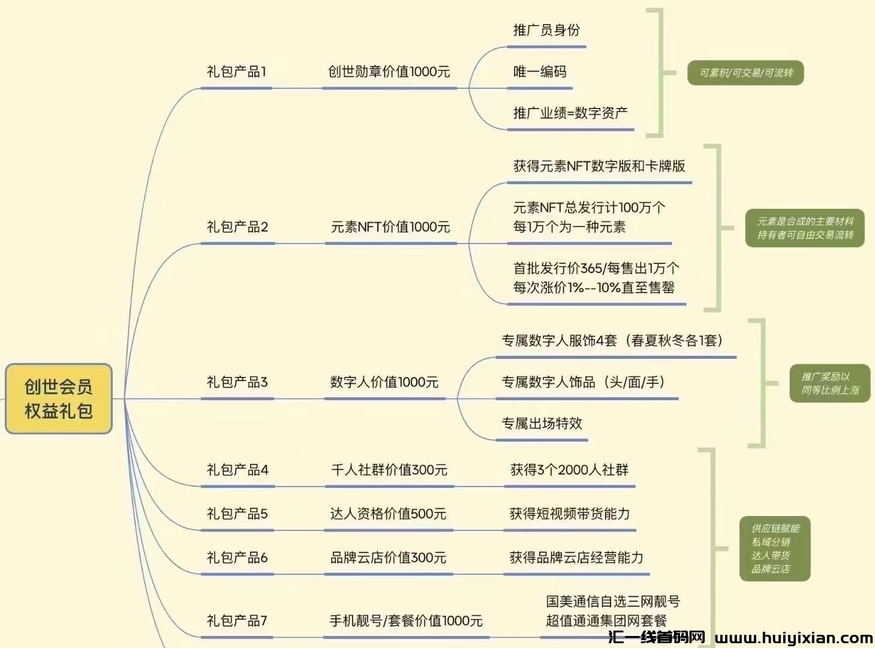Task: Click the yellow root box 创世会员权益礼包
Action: [x=59, y=398]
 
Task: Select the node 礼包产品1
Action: [x=236, y=72]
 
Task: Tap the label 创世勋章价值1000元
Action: [x=389, y=72]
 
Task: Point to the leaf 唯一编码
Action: [x=540, y=72]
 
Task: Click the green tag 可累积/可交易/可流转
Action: [x=745, y=73]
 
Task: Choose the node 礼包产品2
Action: [x=237, y=227]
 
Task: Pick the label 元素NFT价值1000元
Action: [x=390, y=227]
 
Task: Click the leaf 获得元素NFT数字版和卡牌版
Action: [x=599, y=166]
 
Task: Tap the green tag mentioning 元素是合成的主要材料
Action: [x=805, y=228]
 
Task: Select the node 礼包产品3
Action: [x=237, y=382]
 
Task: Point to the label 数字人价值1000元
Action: [x=384, y=382]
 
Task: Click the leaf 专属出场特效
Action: [x=542, y=424]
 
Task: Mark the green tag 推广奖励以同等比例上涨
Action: [x=830, y=383]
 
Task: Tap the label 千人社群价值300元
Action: [x=389, y=470]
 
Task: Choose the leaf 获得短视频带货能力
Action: [x=570, y=514]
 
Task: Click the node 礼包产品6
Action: [x=237, y=558]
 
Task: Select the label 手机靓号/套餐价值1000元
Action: [x=406, y=621]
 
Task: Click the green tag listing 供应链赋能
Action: [x=775, y=548]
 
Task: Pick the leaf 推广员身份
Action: [x=546, y=30]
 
